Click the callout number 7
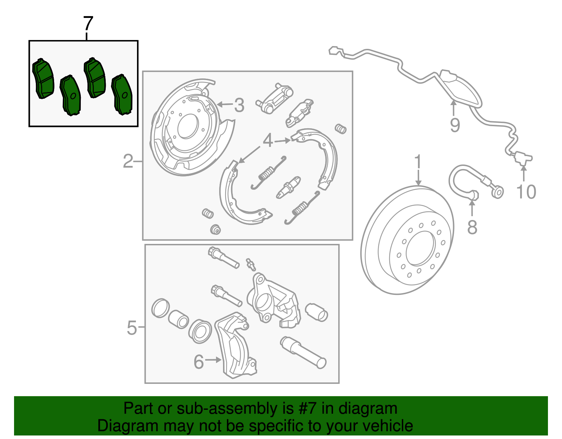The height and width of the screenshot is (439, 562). click(88, 24)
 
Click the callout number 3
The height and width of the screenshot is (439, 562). click(239, 105)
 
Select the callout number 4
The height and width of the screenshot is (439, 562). click(268, 141)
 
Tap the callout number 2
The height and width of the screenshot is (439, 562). click(128, 161)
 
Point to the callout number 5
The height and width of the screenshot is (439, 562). click(132, 328)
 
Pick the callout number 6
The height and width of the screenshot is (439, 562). click(199, 362)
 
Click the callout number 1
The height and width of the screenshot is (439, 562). click(418, 162)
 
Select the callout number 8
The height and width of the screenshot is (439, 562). click(472, 227)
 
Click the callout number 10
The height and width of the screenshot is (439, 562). click(526, 192)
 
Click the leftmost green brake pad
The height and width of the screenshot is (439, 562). click(43, 79)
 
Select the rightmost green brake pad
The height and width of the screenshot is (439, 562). click(122, 95)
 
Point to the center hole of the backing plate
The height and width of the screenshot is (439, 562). click(188, 126)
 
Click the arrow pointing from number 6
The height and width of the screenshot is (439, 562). click(214, 360)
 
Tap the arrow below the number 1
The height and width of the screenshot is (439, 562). click(418, 177)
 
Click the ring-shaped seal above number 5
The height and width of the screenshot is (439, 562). click(160, 308)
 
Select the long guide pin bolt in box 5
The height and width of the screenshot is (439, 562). click(304, 353)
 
